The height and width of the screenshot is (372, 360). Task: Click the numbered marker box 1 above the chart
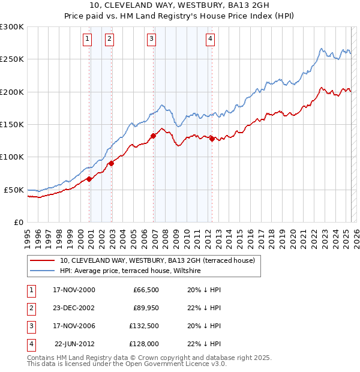(x=88, y=39)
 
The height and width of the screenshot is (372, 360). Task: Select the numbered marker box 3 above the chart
(x=151, y=39)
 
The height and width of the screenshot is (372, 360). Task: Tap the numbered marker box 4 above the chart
(x=211, y=39)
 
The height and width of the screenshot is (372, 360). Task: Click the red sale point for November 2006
(x=154, y=136)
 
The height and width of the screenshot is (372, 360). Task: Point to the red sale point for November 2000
(x=89, y=179)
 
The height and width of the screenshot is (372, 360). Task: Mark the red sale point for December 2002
(x=112, y=163)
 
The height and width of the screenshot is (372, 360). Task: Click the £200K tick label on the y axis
(x=12, y=92)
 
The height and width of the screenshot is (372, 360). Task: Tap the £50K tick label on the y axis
(x=14, y=190)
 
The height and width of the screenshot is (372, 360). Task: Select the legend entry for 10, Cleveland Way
(x=157, y=260)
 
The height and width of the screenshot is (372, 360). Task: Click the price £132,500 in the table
(x=143, y=326)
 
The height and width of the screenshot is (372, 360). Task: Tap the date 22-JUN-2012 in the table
(x=74, y=344)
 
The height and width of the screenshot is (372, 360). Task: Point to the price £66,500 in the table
(x=146, y=290)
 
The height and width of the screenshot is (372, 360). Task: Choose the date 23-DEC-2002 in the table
(x=74, y=308)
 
